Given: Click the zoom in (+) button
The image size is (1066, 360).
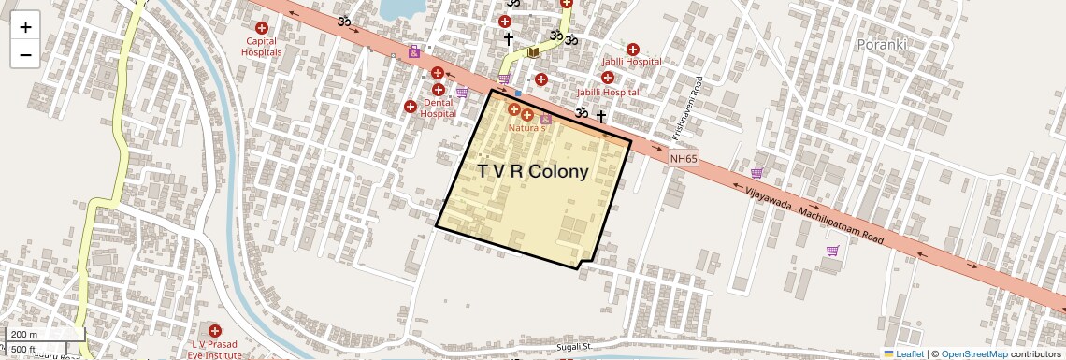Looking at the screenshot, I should point(25,26).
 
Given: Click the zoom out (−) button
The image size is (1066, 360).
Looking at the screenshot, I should point(25,54).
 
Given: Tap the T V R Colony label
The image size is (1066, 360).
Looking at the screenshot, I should point(532,172).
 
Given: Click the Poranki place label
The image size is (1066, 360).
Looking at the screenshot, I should point(882,43).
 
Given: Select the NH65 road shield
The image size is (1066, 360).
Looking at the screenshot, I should point(684,159).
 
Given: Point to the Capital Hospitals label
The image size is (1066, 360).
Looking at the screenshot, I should point(263,47).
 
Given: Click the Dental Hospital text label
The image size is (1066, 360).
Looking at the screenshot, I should point(438,108).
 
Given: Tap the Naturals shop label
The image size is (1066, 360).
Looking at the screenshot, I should point(526,127).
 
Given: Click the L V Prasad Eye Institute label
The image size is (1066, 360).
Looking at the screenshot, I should point(216,350).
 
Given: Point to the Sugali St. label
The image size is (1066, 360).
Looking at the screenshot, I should point(576,347).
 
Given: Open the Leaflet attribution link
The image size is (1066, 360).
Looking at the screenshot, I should point(904,353).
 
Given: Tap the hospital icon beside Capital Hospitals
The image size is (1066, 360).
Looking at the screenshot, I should point(263,28).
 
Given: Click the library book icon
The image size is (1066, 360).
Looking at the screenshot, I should point(533,53).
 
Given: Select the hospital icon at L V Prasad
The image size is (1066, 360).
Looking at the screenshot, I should point(216,331).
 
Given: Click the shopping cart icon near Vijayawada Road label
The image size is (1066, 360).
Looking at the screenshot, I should point(832,251).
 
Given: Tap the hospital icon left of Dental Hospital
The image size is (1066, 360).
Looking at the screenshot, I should point(410,108).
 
